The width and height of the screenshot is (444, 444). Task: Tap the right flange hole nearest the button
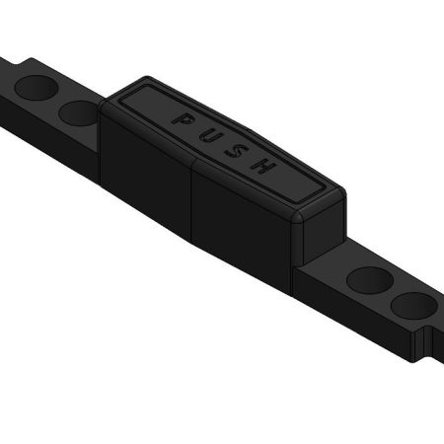(x=371, y=281)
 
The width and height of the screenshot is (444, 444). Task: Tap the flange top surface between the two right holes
(x=393, y=294)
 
